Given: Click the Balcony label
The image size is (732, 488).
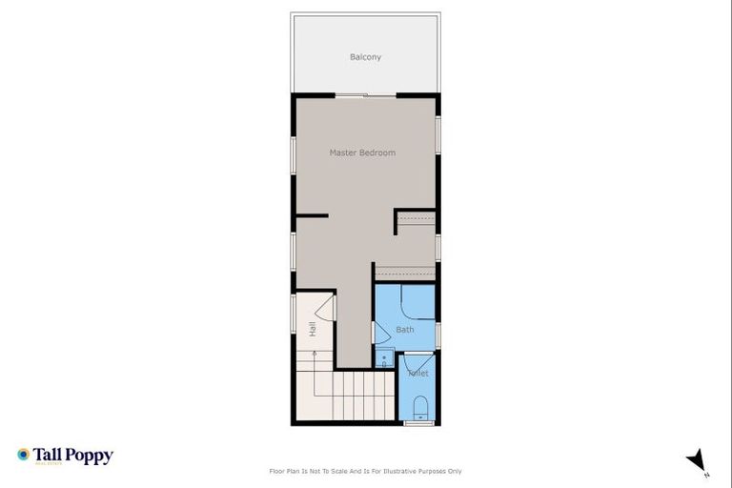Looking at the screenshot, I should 365,57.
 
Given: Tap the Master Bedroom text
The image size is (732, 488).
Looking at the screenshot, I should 362,152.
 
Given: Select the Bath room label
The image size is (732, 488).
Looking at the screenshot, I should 405,330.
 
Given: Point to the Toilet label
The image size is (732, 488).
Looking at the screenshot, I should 418,373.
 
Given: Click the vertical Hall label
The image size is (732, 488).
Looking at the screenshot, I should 312,329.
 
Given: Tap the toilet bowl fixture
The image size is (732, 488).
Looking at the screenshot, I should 420,411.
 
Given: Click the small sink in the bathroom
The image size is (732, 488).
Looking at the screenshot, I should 383,360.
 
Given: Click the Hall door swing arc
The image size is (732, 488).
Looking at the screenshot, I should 323,307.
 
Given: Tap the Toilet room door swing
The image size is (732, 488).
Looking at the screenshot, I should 414,362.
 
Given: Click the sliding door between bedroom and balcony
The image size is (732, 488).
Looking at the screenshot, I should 365,94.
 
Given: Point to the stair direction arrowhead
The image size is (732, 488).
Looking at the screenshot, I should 315,352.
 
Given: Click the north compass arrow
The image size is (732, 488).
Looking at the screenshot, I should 697,459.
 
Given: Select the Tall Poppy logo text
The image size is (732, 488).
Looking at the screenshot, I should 73,456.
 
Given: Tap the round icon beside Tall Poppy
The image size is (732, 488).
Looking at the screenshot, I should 23,455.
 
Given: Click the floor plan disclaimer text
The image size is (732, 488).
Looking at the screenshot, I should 366,471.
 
